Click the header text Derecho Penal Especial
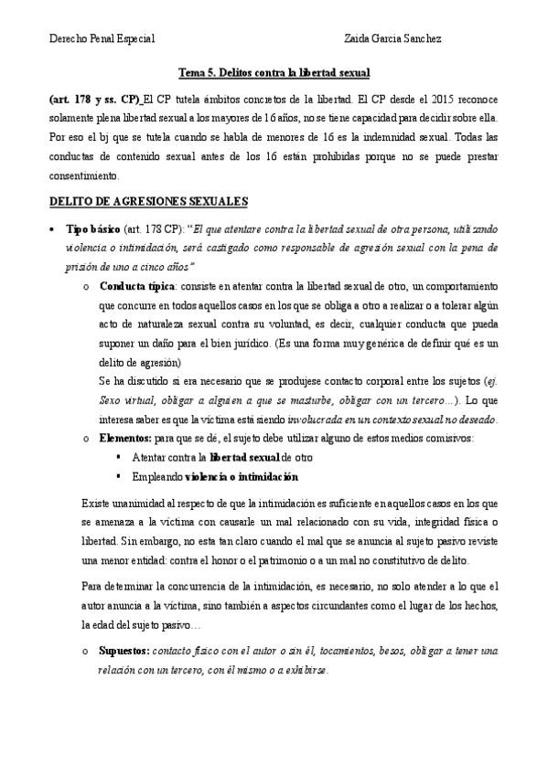101,38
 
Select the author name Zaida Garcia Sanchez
392,38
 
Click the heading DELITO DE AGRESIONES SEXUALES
149,200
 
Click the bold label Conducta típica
136,286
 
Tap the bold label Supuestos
125,650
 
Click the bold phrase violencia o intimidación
241,477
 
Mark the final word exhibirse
301,669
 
